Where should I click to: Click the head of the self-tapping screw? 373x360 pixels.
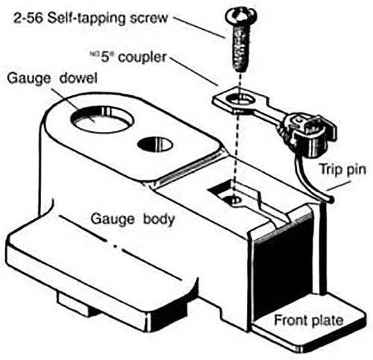241,16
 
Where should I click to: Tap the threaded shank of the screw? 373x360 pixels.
240,48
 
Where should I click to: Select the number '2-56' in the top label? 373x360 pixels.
28,18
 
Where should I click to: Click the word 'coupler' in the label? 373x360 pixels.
142,58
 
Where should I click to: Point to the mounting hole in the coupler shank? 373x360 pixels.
241,100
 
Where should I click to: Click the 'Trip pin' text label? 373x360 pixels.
342,170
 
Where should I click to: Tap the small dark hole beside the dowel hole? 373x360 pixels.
154,144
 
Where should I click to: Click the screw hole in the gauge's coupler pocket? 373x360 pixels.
233,200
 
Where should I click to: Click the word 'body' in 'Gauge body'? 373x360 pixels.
159,218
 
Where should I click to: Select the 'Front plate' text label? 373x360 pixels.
309,320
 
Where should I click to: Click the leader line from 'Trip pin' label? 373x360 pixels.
339,186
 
